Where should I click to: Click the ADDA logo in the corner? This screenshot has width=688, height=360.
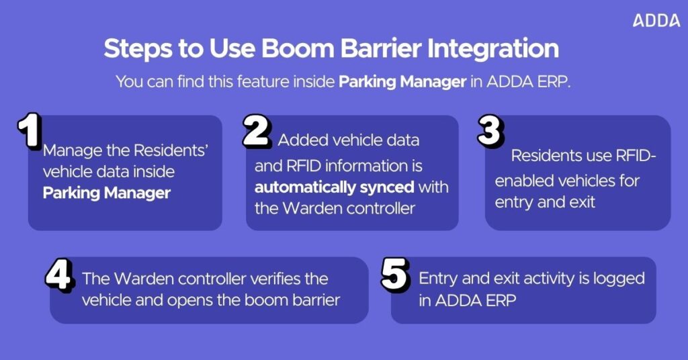tap(656, 21)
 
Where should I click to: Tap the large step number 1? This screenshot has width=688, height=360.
tap(30, 130)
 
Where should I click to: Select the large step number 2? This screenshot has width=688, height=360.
tap(256, 131)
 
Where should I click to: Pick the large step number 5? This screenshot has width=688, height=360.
tap(395, 275)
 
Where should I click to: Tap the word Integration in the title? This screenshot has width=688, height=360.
tap(493, 49)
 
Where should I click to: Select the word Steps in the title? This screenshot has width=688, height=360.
tap(138, 49)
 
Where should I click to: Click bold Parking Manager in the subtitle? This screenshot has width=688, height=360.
tap(402, 82)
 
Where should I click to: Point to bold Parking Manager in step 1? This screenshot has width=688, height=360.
tap(107, 193)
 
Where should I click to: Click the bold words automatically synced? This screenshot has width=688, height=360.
tap(335, 187)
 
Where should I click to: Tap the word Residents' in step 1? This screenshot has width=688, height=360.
tap(170, 150)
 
